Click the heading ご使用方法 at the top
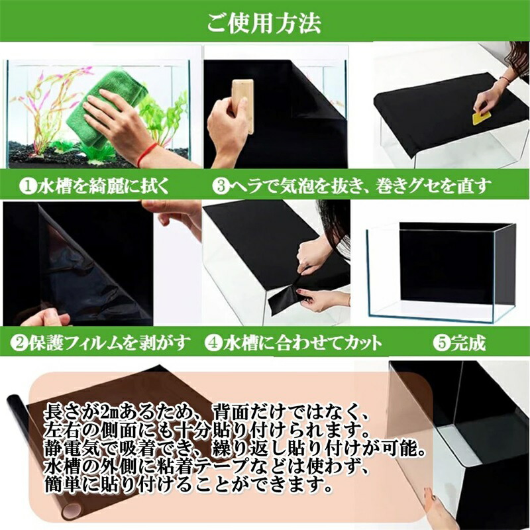[264, 23]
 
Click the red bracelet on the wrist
[146, 154]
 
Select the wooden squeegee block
[242, 102]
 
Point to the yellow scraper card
[482, 119]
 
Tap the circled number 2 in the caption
[19, 343]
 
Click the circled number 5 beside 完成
[441, 343]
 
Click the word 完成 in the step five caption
[468, 343]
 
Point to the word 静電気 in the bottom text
[71, 449]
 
